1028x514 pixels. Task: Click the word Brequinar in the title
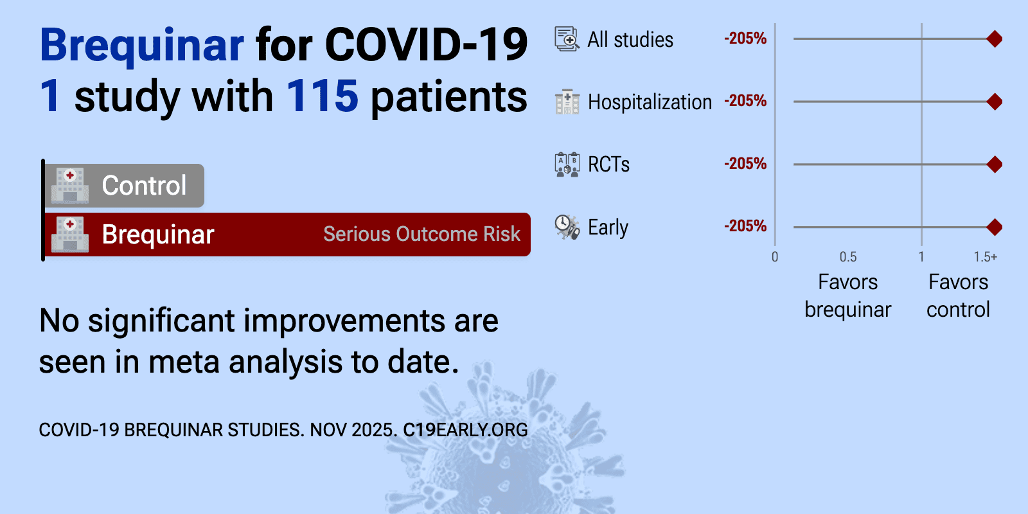[x=142, y=46]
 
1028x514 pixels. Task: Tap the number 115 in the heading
[x=322, y=96]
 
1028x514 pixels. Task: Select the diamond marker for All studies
[x=995, y=39]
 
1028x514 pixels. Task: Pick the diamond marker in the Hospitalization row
[x=995, y=102]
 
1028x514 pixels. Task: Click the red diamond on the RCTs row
[x=995, y=164]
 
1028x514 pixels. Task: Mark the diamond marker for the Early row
[x=995, y=227]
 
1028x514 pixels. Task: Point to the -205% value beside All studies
[x=745, y=39]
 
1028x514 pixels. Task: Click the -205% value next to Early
[x=745, y=226]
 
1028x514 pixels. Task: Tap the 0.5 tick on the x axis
[x=848, y=257]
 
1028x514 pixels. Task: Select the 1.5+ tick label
[x=986, y=257]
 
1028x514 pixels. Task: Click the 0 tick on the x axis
[x=775, y=257]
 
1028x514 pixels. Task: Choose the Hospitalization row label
[x=650, y=102]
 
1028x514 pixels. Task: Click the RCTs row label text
[x=608, y=164]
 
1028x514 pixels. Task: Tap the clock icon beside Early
[x=567, y=227]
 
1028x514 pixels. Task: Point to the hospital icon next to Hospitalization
[x=567, y=102]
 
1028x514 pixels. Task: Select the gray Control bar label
[x=144, y=186]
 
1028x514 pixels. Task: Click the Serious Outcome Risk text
[x=421, y=234]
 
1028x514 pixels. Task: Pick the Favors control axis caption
[x=958, y=296]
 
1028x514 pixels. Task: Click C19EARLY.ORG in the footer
[x=465, y=430]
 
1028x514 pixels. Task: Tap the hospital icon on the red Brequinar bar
[x=70, y=235]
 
